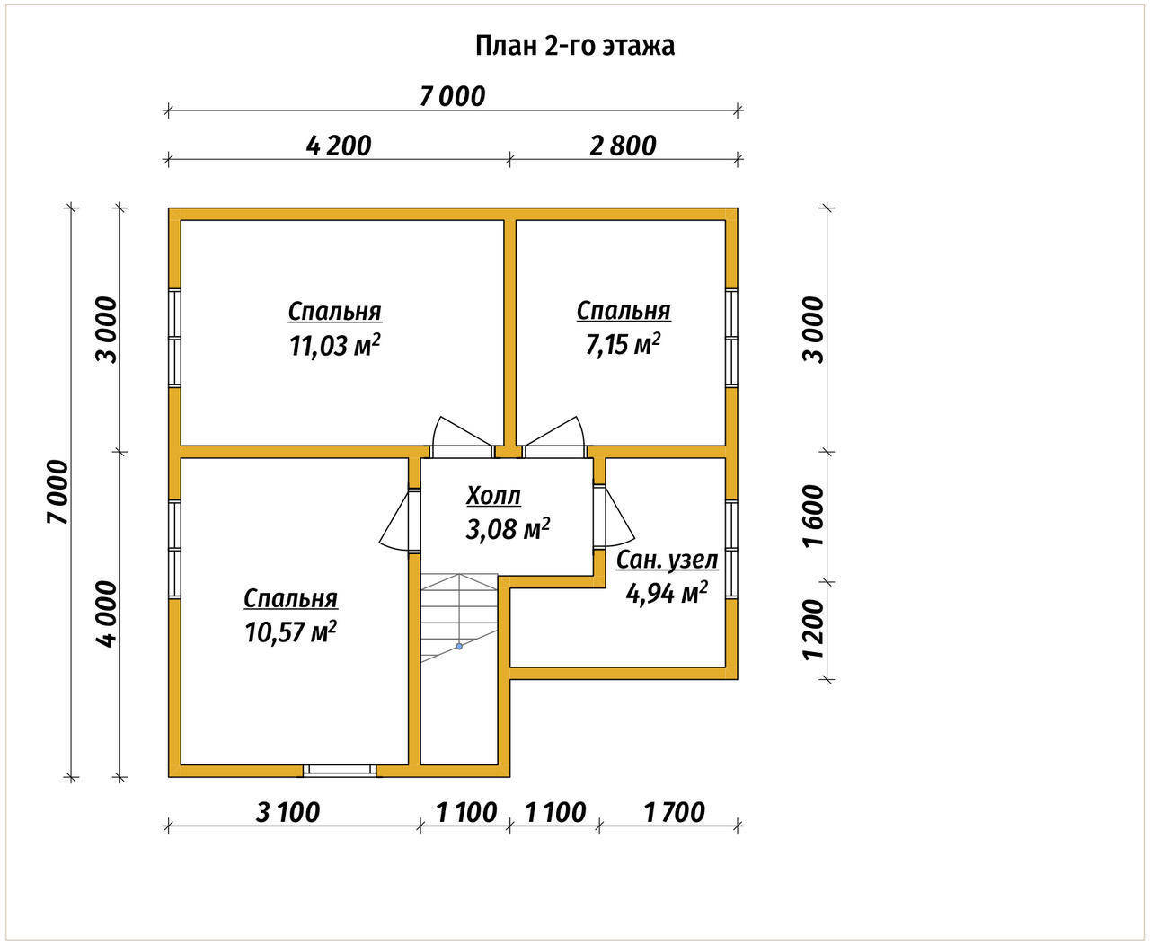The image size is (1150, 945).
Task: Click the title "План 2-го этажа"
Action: tap(575, 47)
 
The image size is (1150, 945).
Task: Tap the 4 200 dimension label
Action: tap(339, 146)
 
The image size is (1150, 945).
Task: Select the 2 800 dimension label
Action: tap(623, 146)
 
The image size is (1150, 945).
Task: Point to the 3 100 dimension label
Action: tap(287, 812)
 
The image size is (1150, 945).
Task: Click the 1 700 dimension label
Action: tap(675, 812)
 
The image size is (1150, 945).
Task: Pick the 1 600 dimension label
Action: tap(813, 516)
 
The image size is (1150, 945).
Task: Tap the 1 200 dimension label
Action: tap(813, 631)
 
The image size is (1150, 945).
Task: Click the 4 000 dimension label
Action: tap(107, 614)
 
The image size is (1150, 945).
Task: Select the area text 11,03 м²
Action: tap(334, 345)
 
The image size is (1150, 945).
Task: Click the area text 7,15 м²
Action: tap(623, 344)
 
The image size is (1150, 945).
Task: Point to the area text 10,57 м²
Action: tap(290, 632)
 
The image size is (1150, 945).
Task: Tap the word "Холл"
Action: tap(493, 496)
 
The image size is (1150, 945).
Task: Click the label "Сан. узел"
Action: tap(667, 560)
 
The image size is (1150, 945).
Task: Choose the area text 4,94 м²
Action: tap(667, 593)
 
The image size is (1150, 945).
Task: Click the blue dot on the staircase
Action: tap(459, 646)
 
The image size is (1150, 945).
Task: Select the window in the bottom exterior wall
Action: tap(340, 770)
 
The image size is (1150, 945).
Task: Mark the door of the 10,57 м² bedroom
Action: tap(400, 521)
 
